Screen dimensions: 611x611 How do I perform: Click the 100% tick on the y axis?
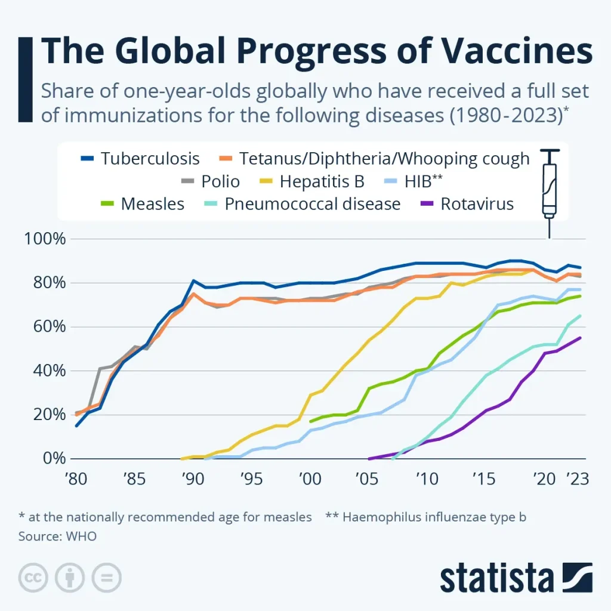44,239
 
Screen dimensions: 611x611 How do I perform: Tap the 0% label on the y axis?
53,459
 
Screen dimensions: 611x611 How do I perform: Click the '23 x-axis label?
576,479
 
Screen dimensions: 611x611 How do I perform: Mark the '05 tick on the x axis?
368,479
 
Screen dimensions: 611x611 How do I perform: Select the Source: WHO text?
57,536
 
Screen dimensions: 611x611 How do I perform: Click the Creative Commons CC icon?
33,578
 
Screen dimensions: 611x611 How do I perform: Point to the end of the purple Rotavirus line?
580,338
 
